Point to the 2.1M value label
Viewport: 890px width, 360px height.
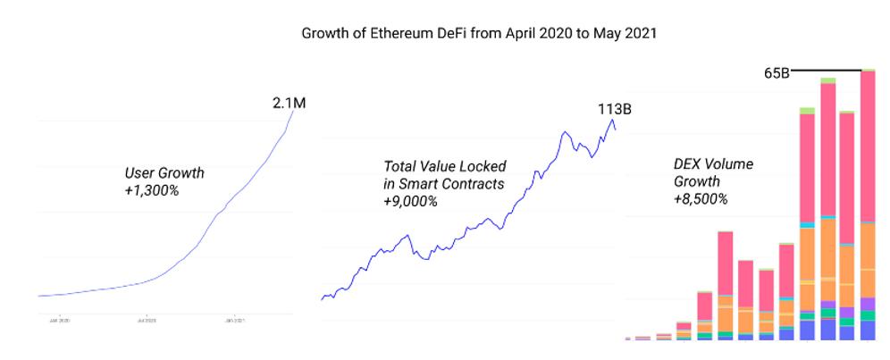290,104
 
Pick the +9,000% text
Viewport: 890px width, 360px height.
410,200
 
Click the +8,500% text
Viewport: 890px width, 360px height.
701,198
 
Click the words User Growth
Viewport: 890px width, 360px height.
164,172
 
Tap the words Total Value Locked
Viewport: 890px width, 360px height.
444,166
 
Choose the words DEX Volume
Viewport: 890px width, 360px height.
713,164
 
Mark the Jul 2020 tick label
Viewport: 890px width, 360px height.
147,318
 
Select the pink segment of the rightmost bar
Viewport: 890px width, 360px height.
867,143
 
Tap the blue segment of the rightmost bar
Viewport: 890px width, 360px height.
867,330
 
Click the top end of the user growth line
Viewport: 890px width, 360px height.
291,120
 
